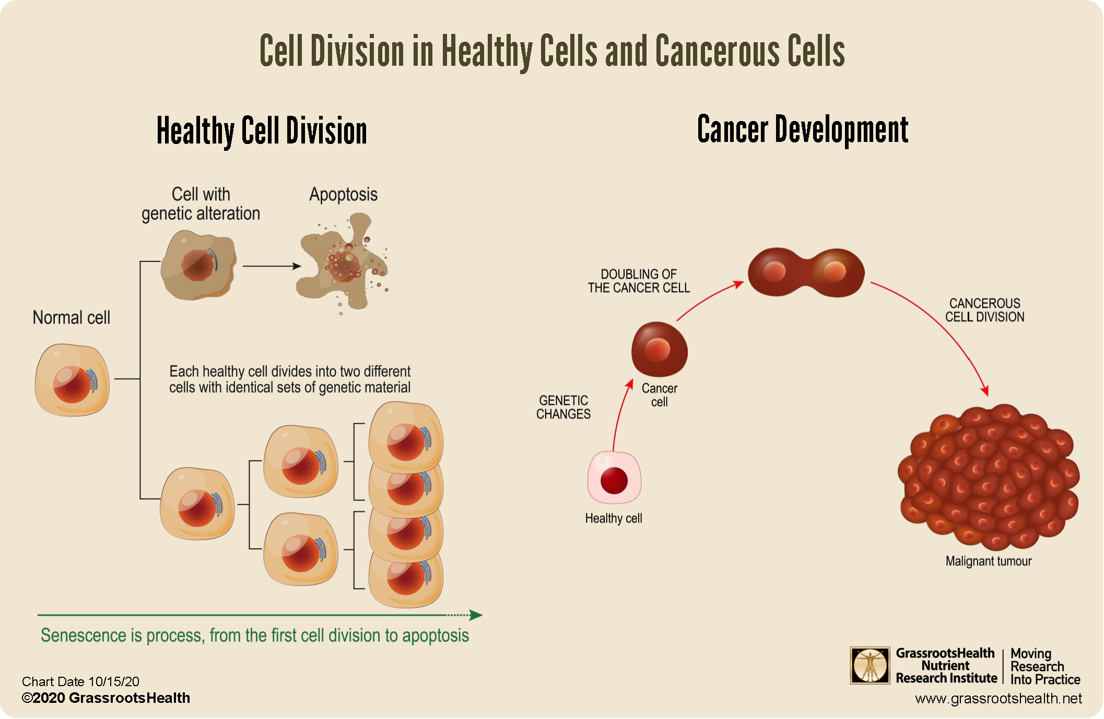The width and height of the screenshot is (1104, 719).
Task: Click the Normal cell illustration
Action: pyautogui.click(x=72, y=379)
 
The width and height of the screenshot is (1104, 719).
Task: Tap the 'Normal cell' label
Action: pyautogui.click(x=72, y=317)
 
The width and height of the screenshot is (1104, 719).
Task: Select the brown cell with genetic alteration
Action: pyautogui.click(x=198, y=266)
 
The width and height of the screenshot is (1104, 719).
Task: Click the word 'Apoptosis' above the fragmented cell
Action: pyautogui.click(x=343, y=195)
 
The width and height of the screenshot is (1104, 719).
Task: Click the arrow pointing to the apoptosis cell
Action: pyautogui.click(x=272, y=266)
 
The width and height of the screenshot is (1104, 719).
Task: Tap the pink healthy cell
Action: pyautogui.click(x=614, y=477)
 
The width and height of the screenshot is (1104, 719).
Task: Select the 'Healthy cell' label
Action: pyautogui.click(x=614, y=518)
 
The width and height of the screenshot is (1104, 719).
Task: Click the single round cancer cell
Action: pyautogui.click(x=660, y=349)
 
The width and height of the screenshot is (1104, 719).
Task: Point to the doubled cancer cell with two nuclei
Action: pyautogui.click(x=806, y=272)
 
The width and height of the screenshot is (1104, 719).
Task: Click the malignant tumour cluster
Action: pyautogui.click(x=989, y=477)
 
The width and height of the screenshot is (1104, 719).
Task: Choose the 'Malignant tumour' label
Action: pyautogui.click(x=989, y=561)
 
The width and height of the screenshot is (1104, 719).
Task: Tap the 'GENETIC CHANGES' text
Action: pyautogui.click(x=563, y=408)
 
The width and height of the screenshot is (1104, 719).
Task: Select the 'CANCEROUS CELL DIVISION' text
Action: pyautogui.click(x=985, y=310)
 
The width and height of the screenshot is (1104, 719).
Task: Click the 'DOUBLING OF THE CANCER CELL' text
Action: pyautogui.click(x=639, y=281)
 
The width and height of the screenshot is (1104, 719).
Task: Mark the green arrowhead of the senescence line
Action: pyautogui.click(x=476, y=615)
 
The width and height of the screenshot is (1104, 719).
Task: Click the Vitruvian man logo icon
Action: pyautogui.click(x=870, y=665)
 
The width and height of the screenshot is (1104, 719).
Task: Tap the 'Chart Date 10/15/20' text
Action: pyautogui.click(x=80, y=681)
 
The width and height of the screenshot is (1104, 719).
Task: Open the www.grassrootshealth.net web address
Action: pyautogui.click(x=999, y=699)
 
